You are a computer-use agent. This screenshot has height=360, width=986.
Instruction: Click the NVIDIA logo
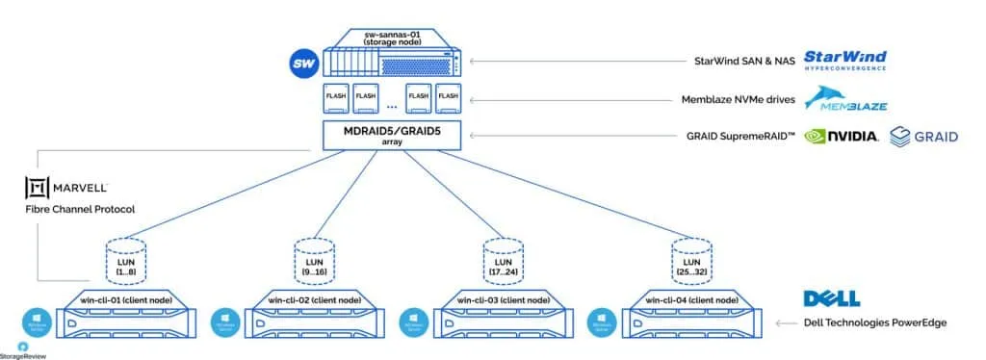tap(841, 136)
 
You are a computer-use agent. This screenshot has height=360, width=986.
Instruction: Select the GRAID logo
tap(923, 136)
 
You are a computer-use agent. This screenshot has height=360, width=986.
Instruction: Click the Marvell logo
tap(66, 187)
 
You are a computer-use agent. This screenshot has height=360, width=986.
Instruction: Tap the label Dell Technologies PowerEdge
tap(875, 322)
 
